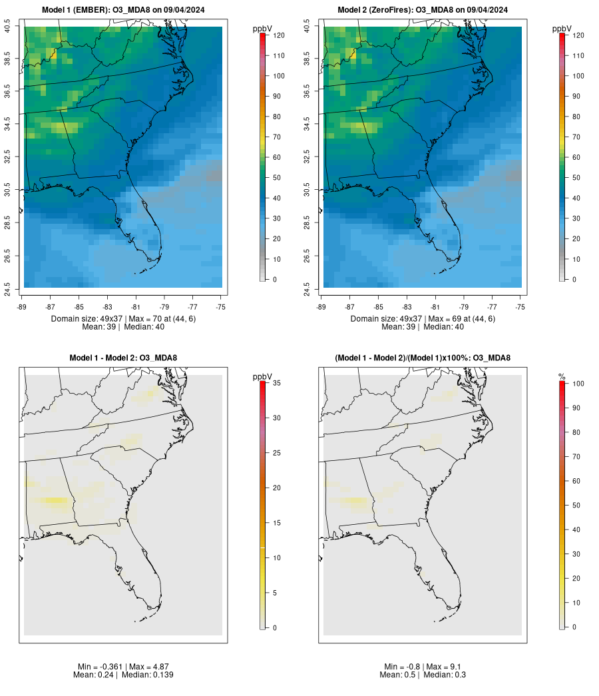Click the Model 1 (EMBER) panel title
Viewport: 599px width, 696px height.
123,10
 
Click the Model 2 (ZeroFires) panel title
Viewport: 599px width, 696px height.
423,10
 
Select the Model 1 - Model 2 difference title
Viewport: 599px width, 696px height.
123,358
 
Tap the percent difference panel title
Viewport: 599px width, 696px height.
423,358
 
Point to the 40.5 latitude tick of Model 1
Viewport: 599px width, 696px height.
8,27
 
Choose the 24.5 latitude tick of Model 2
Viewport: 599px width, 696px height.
307,288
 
